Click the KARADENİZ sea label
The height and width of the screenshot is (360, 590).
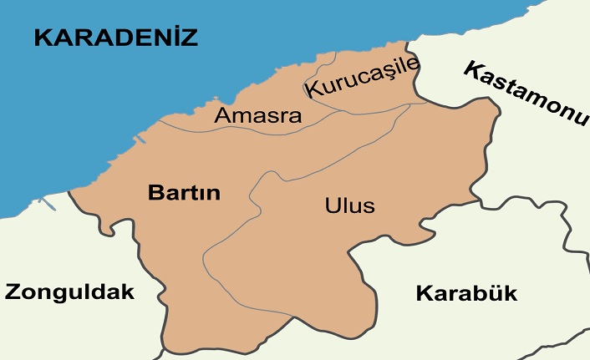115,37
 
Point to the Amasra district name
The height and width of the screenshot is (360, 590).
258,115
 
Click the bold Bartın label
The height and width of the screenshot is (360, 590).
184,193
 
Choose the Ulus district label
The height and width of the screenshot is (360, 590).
350,205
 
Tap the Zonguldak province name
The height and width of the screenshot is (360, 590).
69,292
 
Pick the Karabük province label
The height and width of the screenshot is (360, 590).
466,293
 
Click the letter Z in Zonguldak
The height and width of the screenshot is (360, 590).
13,292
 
